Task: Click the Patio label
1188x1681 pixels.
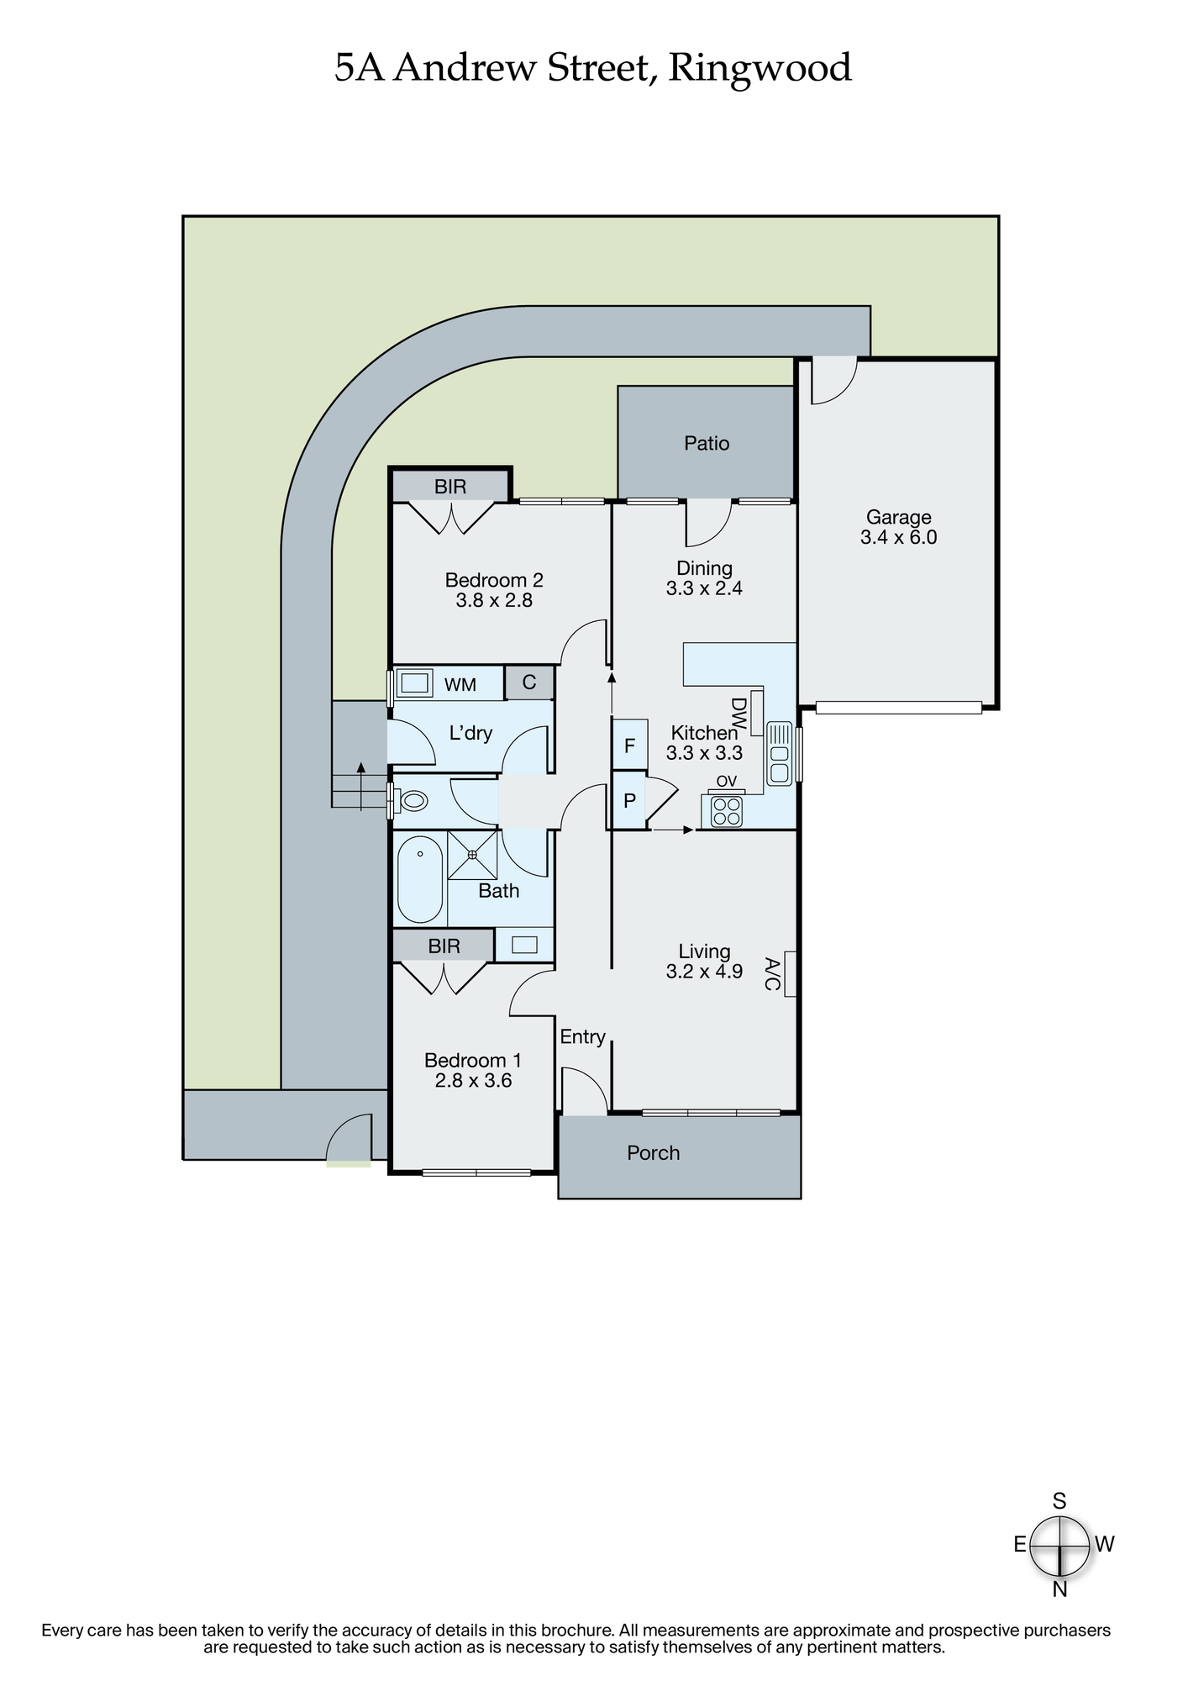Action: point(707,443)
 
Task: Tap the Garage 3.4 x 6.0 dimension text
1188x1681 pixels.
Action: point(898,537)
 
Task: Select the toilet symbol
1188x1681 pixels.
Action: point(413,801)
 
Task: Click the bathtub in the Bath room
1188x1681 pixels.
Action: point(419,879)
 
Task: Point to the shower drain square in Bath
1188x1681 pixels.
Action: point(472,855)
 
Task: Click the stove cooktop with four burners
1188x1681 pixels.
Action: point(728,811)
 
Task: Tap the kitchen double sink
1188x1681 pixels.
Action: point(779,753)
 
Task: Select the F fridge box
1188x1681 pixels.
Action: point(629,745)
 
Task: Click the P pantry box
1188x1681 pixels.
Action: point(629,801)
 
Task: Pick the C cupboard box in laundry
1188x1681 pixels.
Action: point(529,682)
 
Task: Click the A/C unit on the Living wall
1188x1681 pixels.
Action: point(790,973)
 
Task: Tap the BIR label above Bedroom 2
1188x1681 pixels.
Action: point(450,486)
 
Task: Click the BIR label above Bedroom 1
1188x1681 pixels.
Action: point(444,946)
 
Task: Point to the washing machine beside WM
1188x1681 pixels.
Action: point(413,682)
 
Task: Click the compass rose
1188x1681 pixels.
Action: point(1060,1545)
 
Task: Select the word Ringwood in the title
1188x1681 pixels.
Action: point(760,69)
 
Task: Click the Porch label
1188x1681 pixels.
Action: point(653,1152)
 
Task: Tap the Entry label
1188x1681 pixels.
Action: point(582,1037)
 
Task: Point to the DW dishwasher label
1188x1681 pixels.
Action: point(739,714)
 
